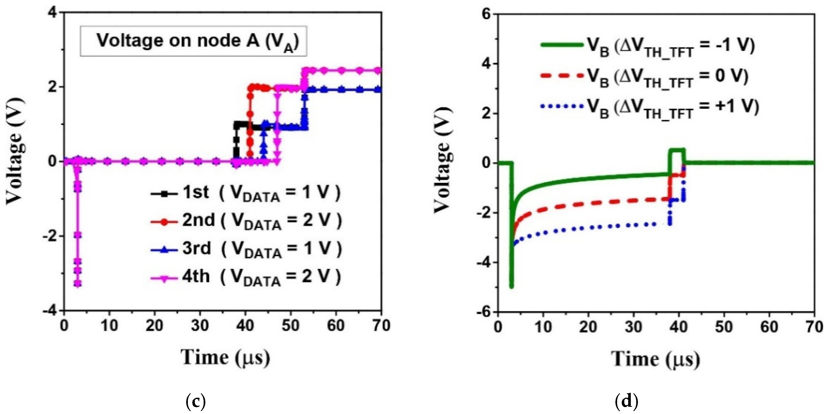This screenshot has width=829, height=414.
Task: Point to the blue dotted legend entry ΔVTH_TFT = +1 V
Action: pyautogui.click(x=649, y=108)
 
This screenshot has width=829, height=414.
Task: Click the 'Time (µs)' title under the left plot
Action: pyautogui.click(x=225, y=357)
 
